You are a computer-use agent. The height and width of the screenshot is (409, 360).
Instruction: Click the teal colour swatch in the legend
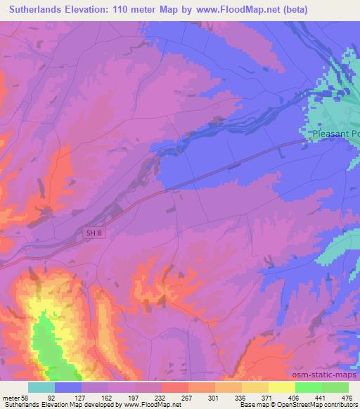41,387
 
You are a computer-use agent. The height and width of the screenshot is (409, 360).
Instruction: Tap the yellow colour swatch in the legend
282,387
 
